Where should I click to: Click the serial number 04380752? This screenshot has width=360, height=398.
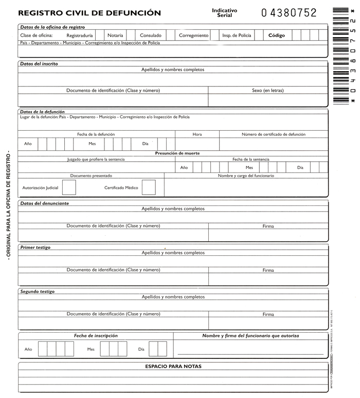[x=289, y=13]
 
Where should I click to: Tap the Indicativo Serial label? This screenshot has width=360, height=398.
[x=225, y=13]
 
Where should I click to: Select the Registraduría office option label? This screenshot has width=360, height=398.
[x=80, y=36]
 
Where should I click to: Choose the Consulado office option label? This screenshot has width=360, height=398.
[x=151, y=36]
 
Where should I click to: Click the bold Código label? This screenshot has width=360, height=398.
[x=276, y=36]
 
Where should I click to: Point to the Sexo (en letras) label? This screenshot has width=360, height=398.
[x=267, y=91]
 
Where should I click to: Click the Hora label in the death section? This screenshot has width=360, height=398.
[x=197, y=134]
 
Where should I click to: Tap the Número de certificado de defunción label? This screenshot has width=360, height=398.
[x=274, y=134]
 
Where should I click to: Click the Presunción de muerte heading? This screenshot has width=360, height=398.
[x=177, y=153]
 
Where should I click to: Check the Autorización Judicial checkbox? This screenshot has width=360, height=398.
[x=69, y=187]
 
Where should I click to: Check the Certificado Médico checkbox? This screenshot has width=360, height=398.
[x=149, y=187]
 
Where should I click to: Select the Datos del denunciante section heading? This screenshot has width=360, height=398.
[x=44, y=203]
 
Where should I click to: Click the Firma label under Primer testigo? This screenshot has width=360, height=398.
[x=268, y=270]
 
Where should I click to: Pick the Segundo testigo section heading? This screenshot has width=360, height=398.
[x=37, y=291]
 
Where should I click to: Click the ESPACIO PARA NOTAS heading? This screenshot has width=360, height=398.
[x=173, y=367]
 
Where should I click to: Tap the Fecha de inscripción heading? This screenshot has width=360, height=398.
[x=96, y=336]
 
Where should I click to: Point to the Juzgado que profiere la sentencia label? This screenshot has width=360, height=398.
[x=96, y=160]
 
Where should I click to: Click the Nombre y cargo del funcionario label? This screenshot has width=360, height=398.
[x=246, y=176]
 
